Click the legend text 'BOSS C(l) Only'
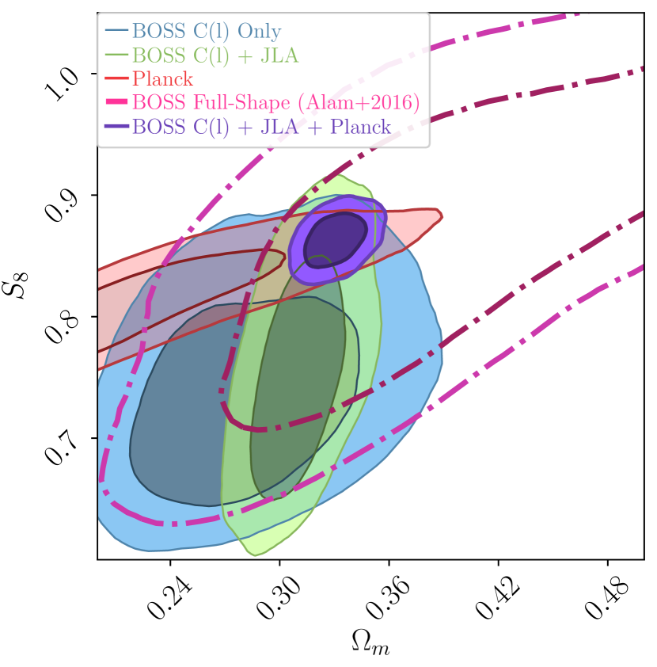click(206, 32)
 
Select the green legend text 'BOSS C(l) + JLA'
click(215, 55)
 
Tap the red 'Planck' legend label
click(162, 79)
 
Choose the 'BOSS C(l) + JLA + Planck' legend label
click(261, 127)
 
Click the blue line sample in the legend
click(116, 31)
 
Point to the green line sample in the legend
click(116, 55)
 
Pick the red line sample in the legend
click(116, 78)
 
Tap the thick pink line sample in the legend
click(116, 102)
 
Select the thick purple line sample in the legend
click(116, 126)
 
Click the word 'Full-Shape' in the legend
click(250, 103)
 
